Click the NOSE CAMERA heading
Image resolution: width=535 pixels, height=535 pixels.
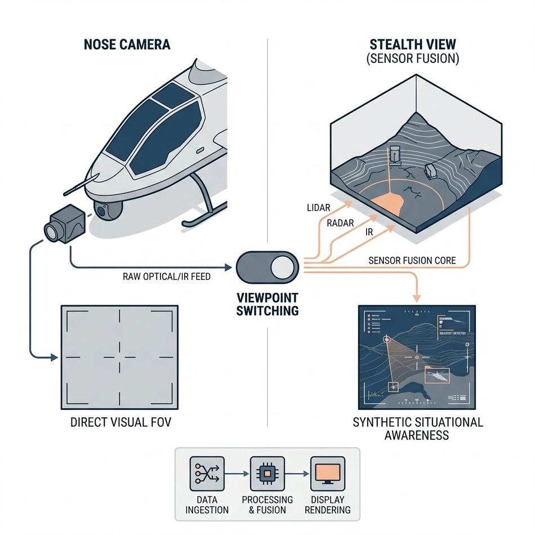coord(127,44)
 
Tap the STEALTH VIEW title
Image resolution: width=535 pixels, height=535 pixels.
coord(413,44)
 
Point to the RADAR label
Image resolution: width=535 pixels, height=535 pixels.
coord(340,224)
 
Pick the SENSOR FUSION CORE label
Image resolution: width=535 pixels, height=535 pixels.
coord(412,261)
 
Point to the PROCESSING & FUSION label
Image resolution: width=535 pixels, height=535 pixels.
coord(267,505)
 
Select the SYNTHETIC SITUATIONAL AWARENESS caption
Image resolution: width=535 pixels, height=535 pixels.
coord(417,428)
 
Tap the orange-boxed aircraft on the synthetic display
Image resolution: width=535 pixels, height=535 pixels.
coord(437,376)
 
